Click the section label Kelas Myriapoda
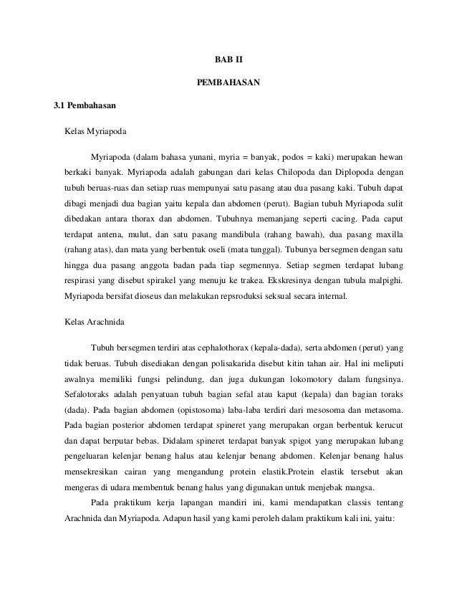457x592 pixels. pyautogui.click(x=95, y=133)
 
